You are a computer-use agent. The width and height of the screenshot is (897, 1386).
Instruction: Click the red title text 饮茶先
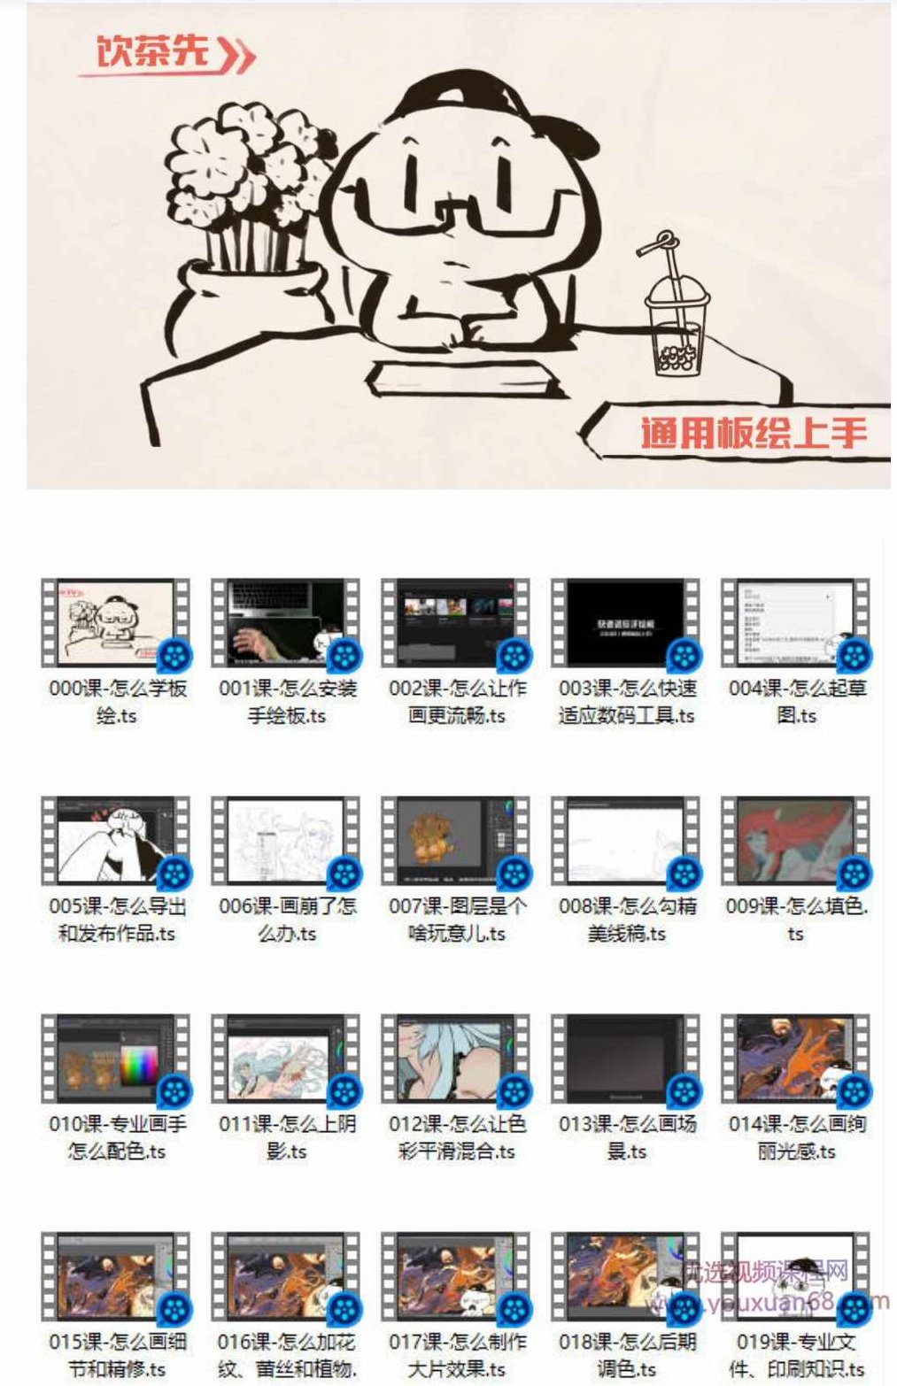coord(152,52)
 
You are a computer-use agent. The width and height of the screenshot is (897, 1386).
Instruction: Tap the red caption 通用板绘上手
coord(754,433)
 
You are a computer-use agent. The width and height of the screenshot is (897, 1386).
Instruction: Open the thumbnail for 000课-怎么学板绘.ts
coord(116,622)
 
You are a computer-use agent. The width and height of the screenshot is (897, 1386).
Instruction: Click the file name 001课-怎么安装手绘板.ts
coord(287,701)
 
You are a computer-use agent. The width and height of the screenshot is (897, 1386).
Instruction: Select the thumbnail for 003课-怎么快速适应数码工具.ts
coord(626,622)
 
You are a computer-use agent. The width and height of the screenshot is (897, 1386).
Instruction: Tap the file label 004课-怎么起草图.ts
coord(796,701)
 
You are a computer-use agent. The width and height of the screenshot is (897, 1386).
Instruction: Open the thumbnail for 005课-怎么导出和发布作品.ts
coord(116,840)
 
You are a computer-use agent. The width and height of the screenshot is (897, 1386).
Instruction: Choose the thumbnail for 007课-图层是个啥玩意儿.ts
coord(456,840)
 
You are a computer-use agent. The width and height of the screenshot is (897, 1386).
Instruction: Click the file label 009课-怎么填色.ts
coord(796,919)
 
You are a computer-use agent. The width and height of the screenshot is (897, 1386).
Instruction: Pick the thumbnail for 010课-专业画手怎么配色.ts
coord(116,1058)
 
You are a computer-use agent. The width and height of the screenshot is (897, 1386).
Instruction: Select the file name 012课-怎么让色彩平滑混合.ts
coord(456,1136)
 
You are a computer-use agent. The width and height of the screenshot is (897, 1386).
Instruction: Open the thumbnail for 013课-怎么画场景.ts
coord(626,1058)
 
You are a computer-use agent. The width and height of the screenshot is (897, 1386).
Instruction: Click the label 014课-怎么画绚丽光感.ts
coord(796,1136)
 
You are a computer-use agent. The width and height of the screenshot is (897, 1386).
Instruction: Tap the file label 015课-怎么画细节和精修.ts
coord(116,1354)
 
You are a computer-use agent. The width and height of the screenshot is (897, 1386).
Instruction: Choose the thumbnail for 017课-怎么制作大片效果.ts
coord(456,1275)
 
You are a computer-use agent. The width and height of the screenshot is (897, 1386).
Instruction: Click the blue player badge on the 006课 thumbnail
coord(344,874)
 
